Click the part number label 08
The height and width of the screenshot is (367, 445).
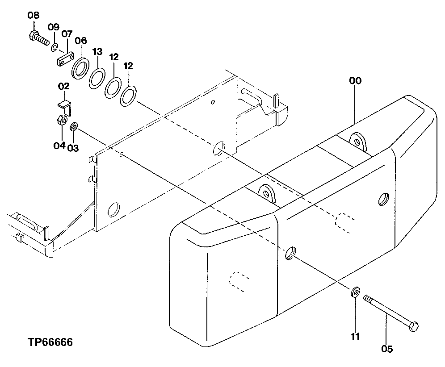34,16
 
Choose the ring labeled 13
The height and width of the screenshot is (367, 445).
97,77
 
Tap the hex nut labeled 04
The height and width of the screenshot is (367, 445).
63,121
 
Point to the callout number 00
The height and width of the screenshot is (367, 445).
355,81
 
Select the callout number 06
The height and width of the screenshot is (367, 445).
80,41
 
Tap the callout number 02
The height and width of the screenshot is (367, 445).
63,86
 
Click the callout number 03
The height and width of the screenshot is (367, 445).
73,148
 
